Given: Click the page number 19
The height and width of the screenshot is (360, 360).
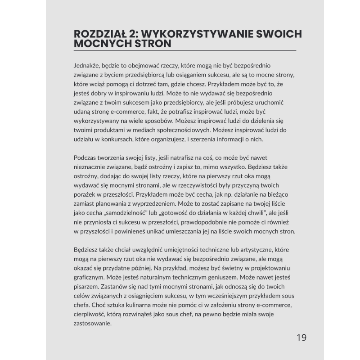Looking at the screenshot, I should (x=301, y=337).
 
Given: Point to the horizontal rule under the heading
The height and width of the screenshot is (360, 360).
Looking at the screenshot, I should (x=184, y=51).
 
